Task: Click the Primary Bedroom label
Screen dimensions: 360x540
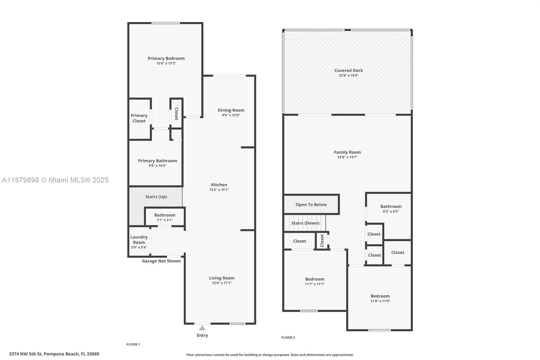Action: click(166, 58)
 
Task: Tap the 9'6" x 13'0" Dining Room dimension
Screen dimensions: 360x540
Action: click(231, 115)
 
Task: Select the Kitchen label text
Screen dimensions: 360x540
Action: click(219, 185)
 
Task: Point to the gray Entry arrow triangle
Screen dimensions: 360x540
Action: click(202, 328)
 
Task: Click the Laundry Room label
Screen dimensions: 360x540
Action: click(139, 239)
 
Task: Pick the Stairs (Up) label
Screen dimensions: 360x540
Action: click(156, 197)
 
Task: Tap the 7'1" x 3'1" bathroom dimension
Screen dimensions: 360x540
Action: click(165, 220)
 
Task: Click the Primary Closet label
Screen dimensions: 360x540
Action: click(139, 118)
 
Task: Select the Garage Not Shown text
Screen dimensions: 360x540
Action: click(161, 261)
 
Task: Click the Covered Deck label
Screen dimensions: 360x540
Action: click(349, 71)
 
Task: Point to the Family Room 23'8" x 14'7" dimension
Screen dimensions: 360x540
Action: click(347, 157)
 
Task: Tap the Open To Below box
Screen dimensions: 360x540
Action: click(311, 205)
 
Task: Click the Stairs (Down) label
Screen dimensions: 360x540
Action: click(305, 223)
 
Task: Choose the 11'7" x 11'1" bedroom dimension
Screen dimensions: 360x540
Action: click(315, 284)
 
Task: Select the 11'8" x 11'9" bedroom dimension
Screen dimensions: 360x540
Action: click(380, 301)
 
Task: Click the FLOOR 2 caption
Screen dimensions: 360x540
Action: click(288, 337)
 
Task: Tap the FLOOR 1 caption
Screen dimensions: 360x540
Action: click(133, 344)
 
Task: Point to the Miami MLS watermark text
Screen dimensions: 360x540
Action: click(55, 180)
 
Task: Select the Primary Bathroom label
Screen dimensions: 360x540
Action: click(157, 161)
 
